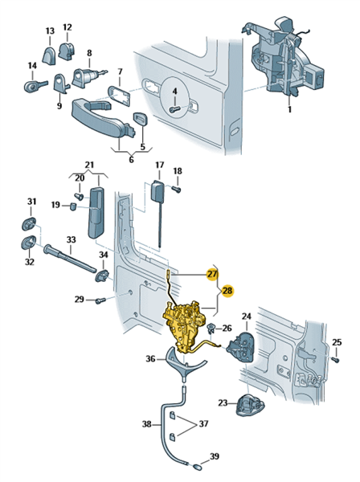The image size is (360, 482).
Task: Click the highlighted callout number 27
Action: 212,274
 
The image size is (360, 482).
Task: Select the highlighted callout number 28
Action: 227,291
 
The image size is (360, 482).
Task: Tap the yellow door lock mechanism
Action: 185,326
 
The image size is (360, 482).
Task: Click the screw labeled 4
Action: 174,108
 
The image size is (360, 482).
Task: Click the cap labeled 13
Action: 49,55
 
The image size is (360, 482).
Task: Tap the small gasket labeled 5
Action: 140,119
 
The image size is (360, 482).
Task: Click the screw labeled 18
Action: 176,189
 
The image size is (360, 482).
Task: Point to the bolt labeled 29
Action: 100,300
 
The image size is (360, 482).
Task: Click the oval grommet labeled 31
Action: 29,223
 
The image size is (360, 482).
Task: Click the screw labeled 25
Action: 337,359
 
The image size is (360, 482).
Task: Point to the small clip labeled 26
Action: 211,329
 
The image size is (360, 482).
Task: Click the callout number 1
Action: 289,109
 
